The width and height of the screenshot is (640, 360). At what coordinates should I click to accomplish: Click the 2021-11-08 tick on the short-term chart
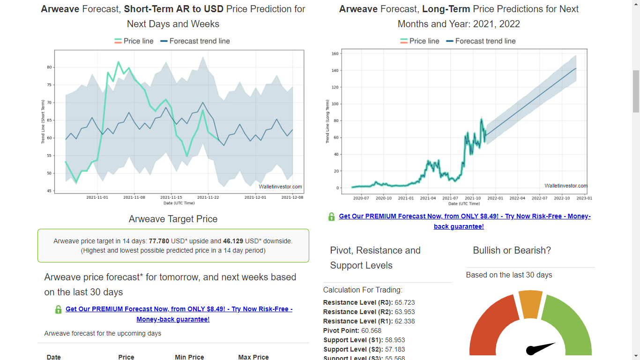[x=134, y=197]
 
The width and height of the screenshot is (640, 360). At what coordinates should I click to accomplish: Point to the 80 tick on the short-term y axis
[x=49, y=67]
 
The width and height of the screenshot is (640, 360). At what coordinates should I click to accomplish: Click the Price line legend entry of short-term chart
[x=134, y=41]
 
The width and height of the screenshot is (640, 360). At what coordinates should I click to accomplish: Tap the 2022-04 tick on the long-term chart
[x=517, y=198]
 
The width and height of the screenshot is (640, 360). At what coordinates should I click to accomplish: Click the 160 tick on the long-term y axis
[x=335, y=54]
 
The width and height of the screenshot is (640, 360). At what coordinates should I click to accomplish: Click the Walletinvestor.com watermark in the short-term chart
[x=280, y=187]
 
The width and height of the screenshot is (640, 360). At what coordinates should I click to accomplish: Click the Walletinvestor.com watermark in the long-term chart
[x=566, y=186]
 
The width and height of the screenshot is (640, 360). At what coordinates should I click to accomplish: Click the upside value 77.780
[x=159, y=241]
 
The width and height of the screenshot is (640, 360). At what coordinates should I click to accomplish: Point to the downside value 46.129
[x=233, y=241]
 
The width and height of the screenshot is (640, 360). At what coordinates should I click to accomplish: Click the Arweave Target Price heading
[x=173, y=219]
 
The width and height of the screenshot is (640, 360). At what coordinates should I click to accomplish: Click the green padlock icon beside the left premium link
[x=58, y=309]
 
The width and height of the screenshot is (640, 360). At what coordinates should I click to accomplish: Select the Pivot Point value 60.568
[x=371, y=330]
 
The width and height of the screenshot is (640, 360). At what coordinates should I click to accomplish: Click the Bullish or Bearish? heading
[x=512, y=250]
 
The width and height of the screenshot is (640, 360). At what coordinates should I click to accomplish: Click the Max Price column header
[x=253, y=357]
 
